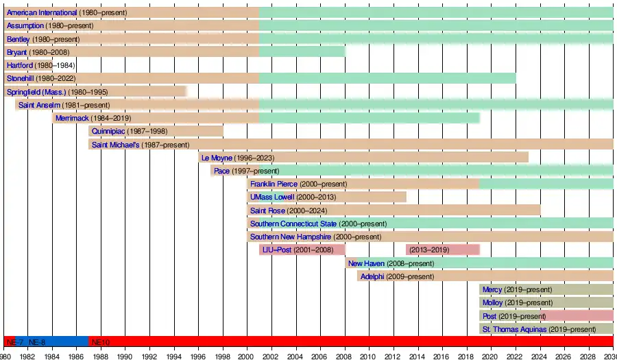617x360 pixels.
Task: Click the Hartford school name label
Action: [20, 65]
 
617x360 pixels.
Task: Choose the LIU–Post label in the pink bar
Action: [277, 250]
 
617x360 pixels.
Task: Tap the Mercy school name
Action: [492, 289]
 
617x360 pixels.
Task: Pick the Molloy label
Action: [492, 302]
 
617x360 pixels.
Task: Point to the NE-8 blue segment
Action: [37, 341]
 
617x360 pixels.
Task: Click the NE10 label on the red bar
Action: [100, 341]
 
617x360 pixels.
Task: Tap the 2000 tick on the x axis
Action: [247, 356]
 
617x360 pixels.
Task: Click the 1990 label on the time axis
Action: [125, 356]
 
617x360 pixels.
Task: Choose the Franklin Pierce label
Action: [274, 184]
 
